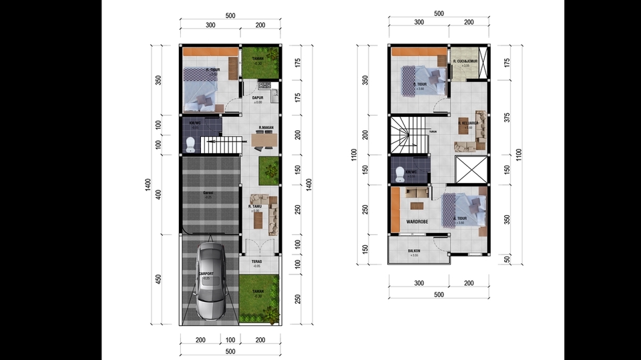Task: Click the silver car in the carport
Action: [210, 281]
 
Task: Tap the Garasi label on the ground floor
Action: [208, 193]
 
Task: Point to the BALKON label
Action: [414, 251]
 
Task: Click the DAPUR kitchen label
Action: [257, 98]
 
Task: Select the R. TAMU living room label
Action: [254, 207]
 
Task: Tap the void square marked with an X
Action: [470, 169]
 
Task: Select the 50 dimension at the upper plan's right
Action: [507, 258]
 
